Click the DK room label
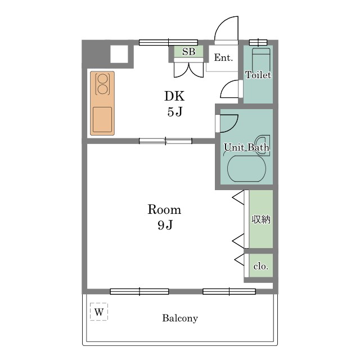point(174,96)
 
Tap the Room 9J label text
point(164,217)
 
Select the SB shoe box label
point(189,52)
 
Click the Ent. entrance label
point(223,57)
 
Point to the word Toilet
point(258,75)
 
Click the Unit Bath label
point(246,147)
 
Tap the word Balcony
point(180,318)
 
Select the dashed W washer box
point(99,312)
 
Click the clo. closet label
point(261,266)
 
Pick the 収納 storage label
point(261,219)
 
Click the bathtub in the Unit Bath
point(246,169)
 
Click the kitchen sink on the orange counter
point(102,120)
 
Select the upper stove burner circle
point(102,79)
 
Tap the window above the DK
point(168,43)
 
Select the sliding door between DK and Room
point(165,141)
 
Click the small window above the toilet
point(258,43)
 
